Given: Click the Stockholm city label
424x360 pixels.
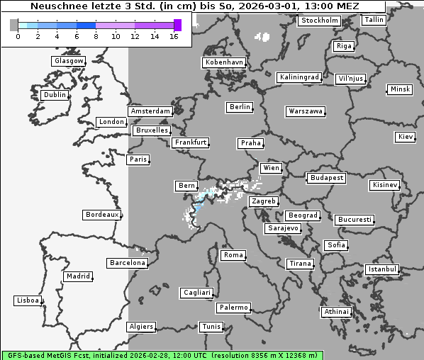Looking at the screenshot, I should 319,21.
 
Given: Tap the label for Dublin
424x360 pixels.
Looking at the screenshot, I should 54,95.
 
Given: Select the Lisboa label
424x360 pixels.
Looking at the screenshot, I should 28,300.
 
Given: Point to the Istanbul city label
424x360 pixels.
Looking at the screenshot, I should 382,269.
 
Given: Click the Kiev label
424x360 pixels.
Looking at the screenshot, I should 406,137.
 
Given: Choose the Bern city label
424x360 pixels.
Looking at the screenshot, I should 186,186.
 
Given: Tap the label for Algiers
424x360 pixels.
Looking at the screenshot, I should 140,327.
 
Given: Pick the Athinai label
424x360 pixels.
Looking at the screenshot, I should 336,312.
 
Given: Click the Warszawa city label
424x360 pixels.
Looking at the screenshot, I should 306,111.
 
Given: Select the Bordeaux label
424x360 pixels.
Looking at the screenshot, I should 101,214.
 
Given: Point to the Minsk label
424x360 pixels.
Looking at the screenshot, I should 399,89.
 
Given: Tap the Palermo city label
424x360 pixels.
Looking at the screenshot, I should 233,308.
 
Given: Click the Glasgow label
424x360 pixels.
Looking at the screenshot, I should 68,61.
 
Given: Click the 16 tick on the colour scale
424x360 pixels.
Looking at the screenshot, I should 174,36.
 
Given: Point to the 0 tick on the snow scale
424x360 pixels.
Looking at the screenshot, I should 17,36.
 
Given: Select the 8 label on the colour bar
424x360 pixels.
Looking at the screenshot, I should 96,36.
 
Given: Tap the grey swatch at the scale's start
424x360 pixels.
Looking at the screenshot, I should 14,26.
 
